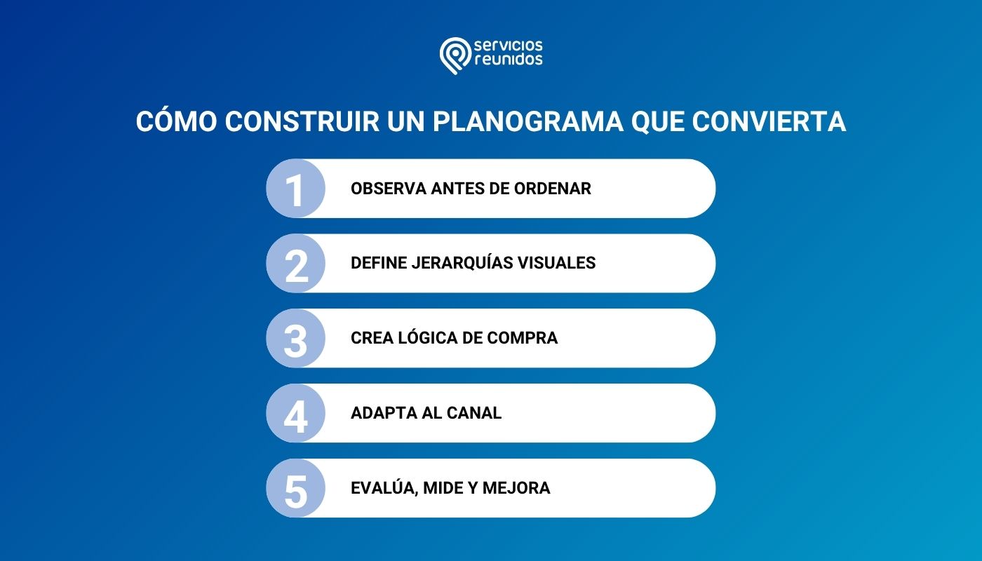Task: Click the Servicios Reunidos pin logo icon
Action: click(x=455, y=55)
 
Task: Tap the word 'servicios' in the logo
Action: click(x=509, y=46)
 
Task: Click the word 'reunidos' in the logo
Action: click(x=509, y=60)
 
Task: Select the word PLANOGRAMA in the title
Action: click(x=527, y=121)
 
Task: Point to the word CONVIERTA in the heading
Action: click(x=769, y=121)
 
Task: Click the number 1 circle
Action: click(x=296, y=189)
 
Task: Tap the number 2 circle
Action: click(x=296, y=264)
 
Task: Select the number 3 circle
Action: click(x=296, y=339)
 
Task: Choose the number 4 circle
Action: click(x=296, y=414)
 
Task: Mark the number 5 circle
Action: click(x=296, y=489)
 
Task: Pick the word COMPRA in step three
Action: click(x=523, y=338)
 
